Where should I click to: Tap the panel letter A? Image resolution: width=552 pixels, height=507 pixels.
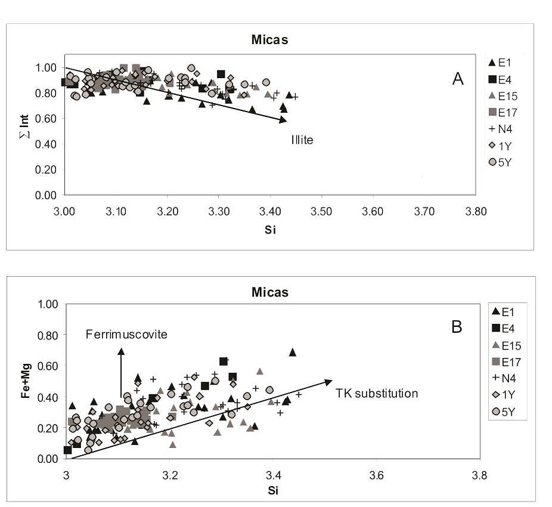[x=458, y=79]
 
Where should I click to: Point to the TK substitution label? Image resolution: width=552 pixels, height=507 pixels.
[x=377, y=393]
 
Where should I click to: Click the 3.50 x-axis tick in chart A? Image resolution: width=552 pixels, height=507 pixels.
[x=322, y=210]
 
